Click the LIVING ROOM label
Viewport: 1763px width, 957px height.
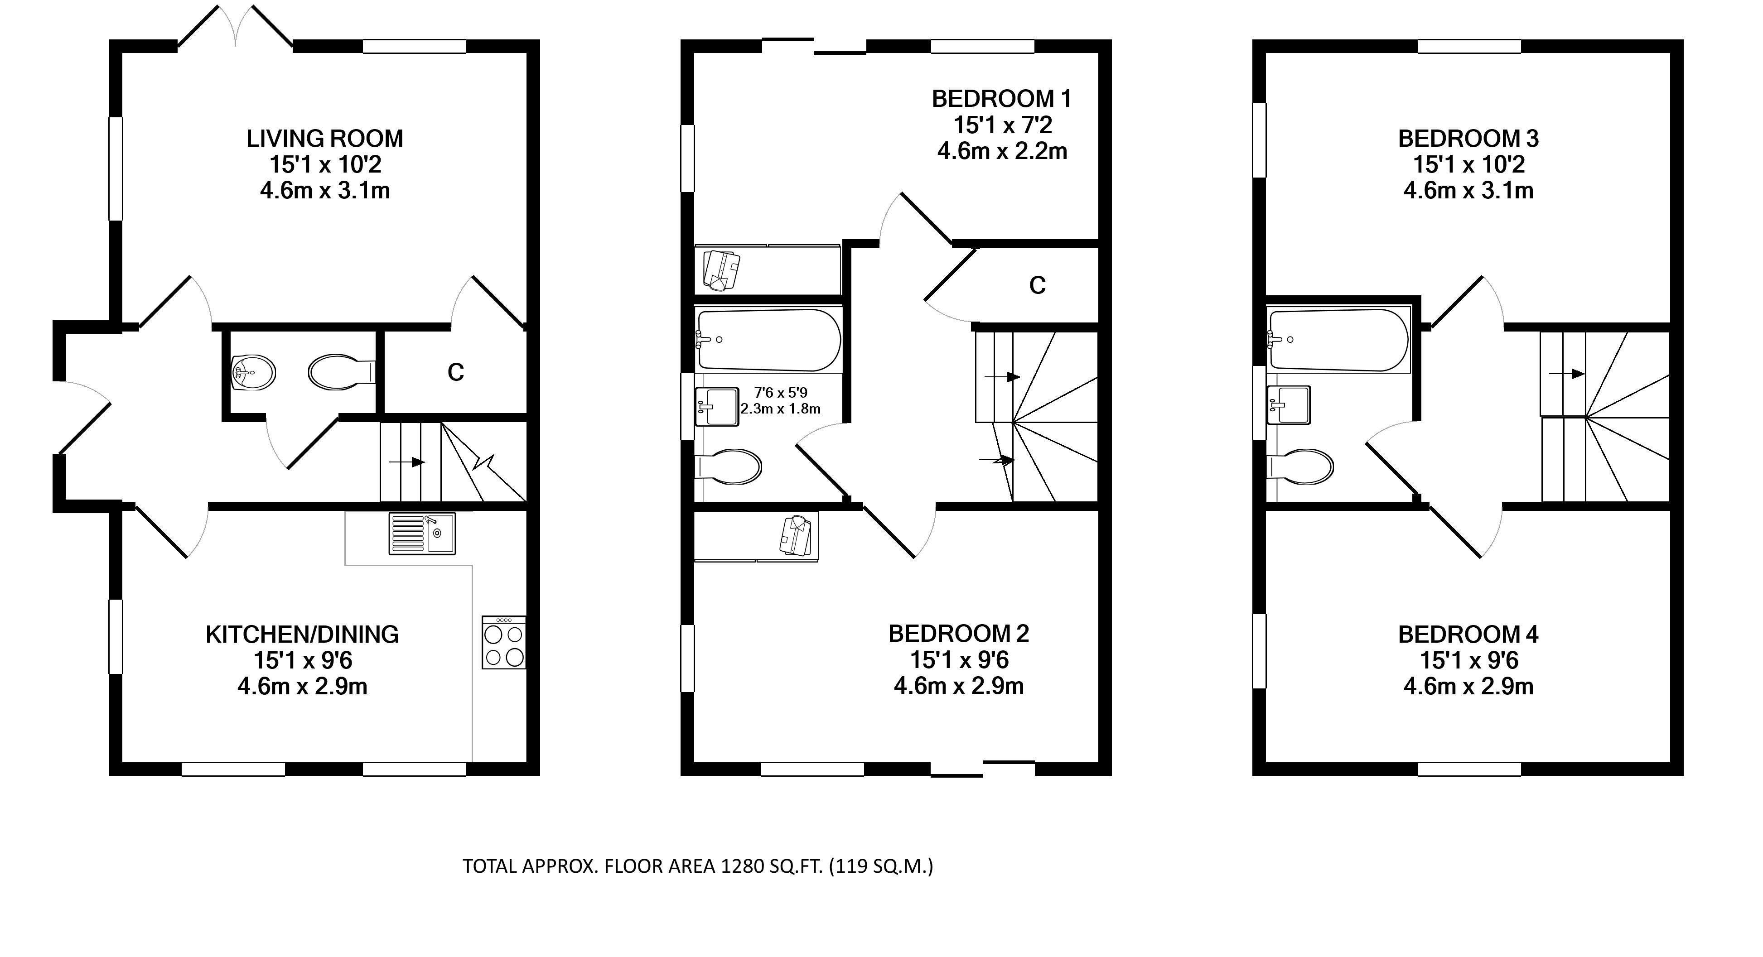point(324,139)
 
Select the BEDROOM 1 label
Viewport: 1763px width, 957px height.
point(1001,99)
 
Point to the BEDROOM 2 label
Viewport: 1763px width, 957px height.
point(958,634)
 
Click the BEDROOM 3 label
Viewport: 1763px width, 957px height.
point(1468,139)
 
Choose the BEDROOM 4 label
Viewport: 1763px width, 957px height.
point(1468,635)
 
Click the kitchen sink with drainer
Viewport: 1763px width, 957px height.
point(421,533)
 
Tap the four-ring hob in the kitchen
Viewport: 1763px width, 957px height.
point(504,642)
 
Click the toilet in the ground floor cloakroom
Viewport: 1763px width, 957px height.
point(342,372)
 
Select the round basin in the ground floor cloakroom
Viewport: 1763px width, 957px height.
point(253,373)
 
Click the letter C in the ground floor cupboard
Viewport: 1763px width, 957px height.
point(456,372)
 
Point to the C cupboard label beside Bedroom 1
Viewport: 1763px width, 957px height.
point(1038,285)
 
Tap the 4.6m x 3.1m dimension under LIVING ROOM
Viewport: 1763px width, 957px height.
point(324,190)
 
